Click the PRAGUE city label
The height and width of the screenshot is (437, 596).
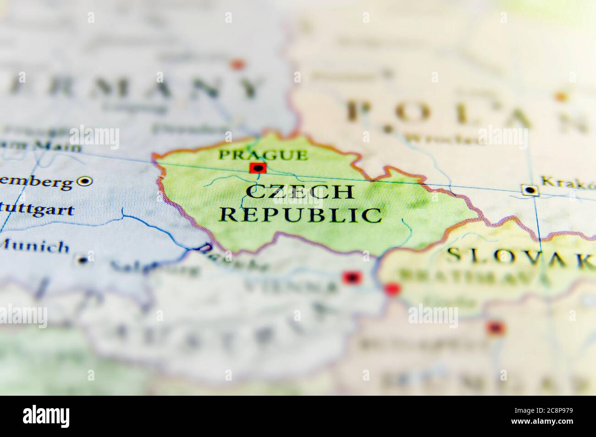tap(263, 155)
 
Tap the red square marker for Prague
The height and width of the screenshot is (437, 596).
tap(258, 168)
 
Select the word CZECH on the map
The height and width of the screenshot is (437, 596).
tap(300, 192)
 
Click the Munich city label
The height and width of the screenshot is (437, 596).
tap(34, 247)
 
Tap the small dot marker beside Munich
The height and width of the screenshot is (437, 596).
tap(83, 260)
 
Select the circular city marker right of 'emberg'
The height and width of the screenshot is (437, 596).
tap(84, 182)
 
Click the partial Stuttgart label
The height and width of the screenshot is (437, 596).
tap(37, 210)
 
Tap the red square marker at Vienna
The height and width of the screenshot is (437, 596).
tap(352, 277)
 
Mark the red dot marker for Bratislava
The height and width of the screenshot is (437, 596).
tap(392, 289)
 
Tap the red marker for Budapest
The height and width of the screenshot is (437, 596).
tap(496, 328)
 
